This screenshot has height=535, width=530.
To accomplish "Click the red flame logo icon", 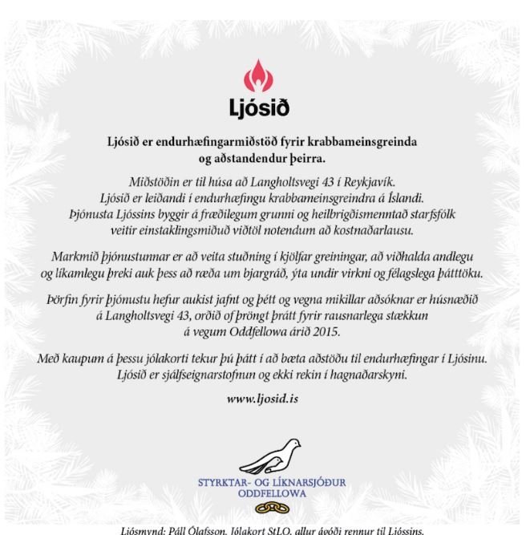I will [257, 79].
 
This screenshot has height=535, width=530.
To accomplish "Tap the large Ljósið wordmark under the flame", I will [258, 107].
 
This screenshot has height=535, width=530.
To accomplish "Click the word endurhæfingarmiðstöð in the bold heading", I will [227, 142].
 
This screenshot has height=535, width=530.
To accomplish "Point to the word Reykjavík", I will [371, 182].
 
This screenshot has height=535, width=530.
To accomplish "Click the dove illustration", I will [268, 456].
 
